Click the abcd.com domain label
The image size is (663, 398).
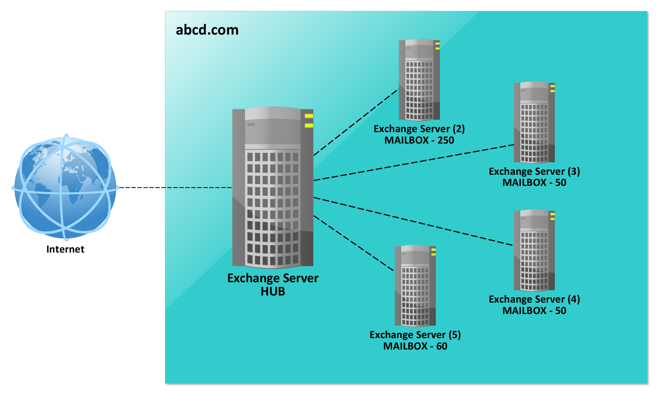pyautogui.click(x=207, y=30)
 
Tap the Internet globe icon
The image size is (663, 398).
pyautogui.click(x=65, y=187)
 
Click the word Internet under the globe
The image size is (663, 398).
pyautogui.click(x=65, y=249)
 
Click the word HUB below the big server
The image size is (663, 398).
pyautogui.click(x=273, y=291)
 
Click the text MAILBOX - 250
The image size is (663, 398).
pyautogui.click(x=419, y=140)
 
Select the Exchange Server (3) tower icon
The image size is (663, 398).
pyautogui.click(x=534, y=123)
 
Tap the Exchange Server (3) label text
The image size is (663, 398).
pyautogui.click(x=534, y=171)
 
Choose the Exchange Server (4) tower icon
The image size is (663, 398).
pyautogui.click(x=534, y=250)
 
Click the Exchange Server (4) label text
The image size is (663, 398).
pyautogui.click(x=534, y=299)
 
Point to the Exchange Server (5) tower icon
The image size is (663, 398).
pyautogui.click(x=415, y=286)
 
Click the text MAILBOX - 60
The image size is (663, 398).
pyautogui.click(x=415, y=346)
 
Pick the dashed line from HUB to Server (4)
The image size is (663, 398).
pyautogui.click(x=414, y=222)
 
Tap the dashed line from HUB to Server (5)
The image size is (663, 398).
pyautogui.click(x=354, y=243)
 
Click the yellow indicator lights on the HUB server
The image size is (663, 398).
pyautogui.click(x=309, y=121)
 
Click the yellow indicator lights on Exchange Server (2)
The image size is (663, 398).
pyautogui.click(x=437, y=46)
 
